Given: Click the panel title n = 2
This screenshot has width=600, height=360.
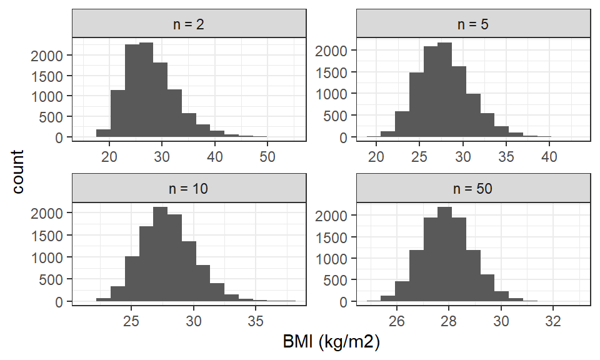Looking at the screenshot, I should point(189,24).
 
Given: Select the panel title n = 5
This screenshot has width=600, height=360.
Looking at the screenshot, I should point(473,24).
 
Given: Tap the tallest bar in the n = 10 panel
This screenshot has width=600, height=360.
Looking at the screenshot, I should point(161,254).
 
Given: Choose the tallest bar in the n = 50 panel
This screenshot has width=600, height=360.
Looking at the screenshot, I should point(444,254).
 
